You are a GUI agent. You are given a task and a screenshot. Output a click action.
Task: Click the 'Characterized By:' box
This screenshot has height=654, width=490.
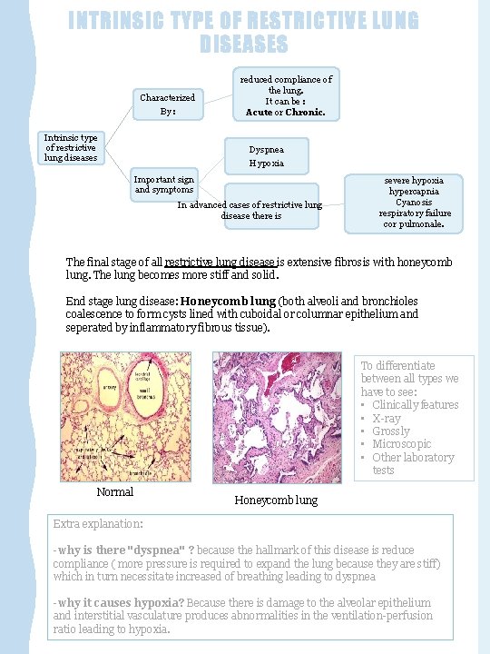tap(167, 104)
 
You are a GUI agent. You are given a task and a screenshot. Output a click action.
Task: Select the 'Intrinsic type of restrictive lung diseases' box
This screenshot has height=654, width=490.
tap(72, 147)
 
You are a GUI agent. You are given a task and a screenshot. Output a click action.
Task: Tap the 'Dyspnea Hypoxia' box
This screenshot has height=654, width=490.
tap(267, 156)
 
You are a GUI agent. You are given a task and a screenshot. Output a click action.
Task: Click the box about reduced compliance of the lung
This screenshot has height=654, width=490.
tap(286, 95)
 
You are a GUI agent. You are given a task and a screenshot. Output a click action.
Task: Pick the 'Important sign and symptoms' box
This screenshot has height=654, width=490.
tap(164, 185)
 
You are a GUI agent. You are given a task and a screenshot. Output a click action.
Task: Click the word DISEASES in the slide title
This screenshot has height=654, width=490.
tap(244, 44)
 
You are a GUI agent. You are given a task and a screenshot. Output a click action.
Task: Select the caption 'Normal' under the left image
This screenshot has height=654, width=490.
tap(114, 492)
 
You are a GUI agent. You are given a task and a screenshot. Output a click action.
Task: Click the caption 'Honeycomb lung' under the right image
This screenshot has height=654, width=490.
tap(276, 500)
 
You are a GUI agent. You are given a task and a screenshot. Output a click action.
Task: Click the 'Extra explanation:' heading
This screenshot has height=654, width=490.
tap(98, 524)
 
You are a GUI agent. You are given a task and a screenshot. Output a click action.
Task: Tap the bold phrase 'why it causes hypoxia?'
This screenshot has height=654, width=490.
tap(121, 602)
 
